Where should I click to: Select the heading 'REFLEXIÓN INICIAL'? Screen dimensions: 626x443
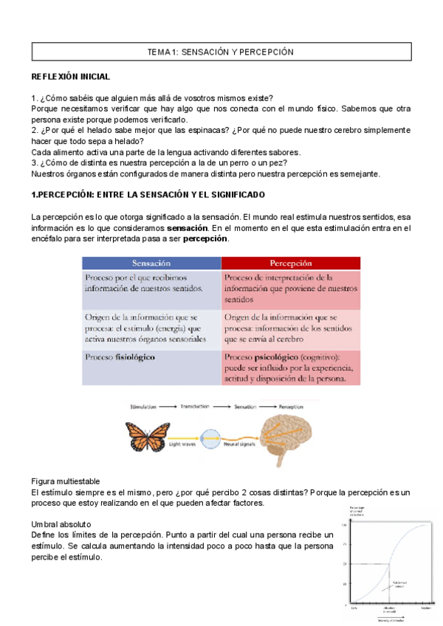(x=71, y=77)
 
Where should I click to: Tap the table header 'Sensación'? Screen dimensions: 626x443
(x=151, y=263)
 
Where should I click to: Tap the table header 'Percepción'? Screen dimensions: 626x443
(x=290, y=263)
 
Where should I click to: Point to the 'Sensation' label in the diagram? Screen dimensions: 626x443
(x=249, y=407)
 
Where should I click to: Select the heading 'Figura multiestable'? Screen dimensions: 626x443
(x=70, y=481)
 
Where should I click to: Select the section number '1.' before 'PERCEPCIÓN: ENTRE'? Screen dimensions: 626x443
(x=34, y=194)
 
